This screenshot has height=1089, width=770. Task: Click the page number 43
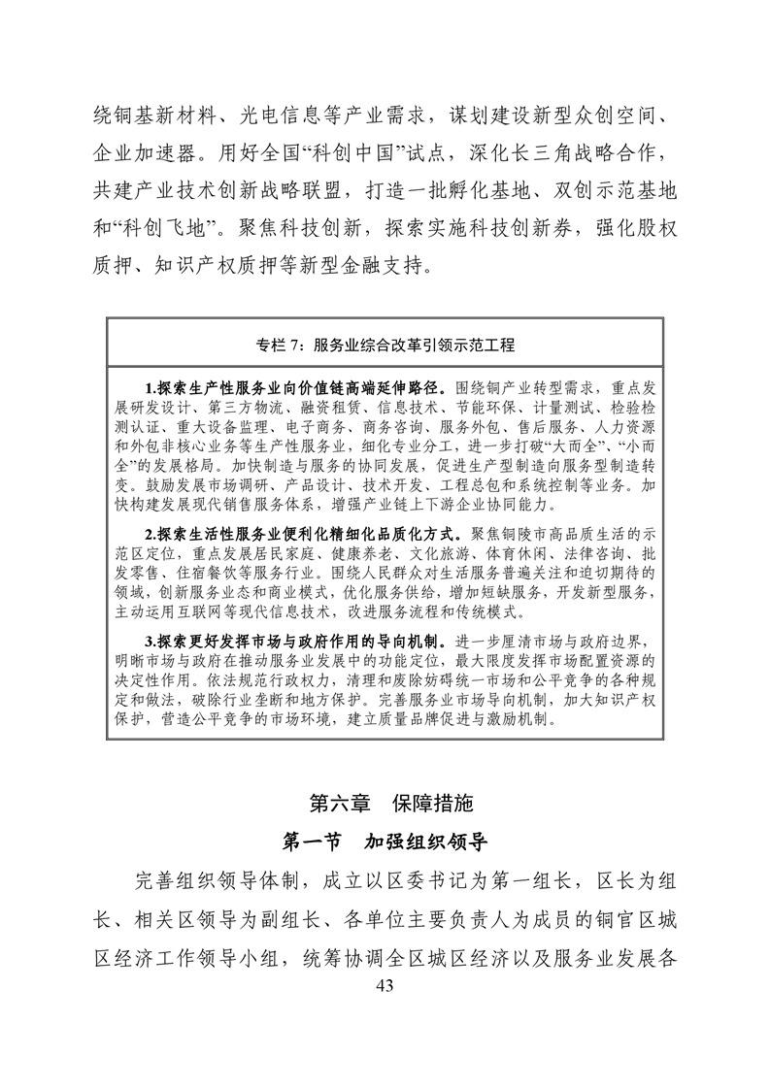click(x=385, y=987)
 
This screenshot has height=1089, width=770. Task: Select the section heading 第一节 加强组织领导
click(x=385, y=841)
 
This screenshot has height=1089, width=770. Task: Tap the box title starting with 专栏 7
click(x=385, y=344)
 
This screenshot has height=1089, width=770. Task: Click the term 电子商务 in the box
click(x=318, y=426)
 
